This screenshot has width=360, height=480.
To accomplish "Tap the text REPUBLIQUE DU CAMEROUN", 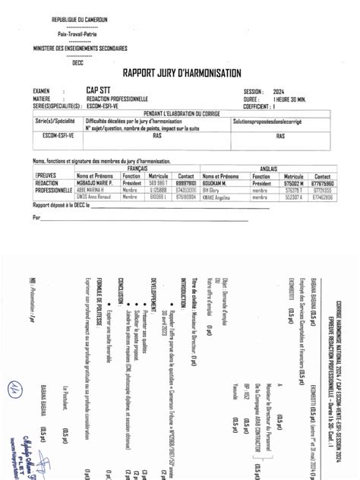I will point(78,18).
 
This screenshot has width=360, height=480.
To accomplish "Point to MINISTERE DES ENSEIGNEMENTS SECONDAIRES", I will point(78,48).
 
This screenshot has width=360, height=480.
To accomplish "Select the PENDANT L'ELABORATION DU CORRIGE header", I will point(179,113).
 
